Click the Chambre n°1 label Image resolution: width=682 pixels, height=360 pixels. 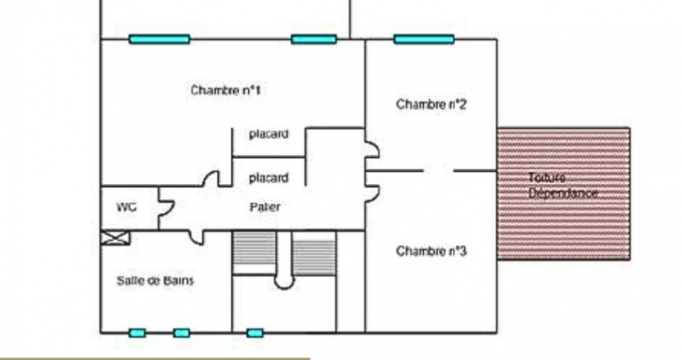[225, 91]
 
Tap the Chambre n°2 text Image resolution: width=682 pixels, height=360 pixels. [431, 104]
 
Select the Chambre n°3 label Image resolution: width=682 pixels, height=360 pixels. [431, 251]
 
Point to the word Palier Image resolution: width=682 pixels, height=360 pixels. [265, 207]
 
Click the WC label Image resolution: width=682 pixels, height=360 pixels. [127, 207]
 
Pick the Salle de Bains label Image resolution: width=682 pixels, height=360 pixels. [156, 280]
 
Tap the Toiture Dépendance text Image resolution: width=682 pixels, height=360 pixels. [563, 185]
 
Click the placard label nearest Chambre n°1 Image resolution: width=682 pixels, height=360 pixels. [268, 135]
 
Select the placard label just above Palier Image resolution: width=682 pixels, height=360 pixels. [268, 178]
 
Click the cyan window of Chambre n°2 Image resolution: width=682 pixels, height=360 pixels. [424, 39]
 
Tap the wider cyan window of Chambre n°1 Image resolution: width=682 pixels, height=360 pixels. [160, 39]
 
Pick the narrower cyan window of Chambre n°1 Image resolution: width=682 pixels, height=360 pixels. [314, 39]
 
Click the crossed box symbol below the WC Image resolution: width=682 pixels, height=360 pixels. [116, 239]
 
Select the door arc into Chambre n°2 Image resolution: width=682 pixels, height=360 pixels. [371, 149]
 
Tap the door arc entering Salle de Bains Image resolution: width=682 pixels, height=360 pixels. [195, 236]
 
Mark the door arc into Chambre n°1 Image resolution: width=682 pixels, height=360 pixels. [211, 178]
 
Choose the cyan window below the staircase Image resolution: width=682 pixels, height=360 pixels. [255, 333]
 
